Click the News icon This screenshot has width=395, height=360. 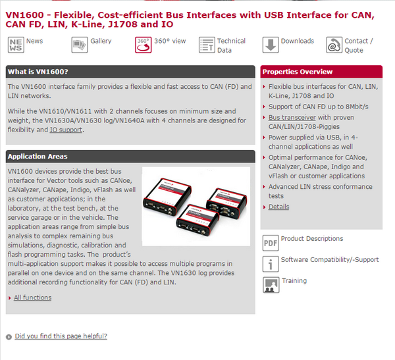click(16, 45)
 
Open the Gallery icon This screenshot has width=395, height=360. click(80, 45)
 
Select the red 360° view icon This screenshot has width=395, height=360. click(143, 45)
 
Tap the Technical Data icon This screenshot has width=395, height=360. click(207, 45)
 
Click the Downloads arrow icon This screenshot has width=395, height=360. click(271, 45)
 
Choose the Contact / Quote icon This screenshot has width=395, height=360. click(334, 45)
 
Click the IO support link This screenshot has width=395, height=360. click(66, 130)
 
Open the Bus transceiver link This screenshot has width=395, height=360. click(292, 117)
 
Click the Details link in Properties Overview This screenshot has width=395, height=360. click(278, 207)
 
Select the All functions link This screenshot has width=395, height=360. click(33, 297)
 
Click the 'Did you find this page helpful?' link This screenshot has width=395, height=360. click(61, 336)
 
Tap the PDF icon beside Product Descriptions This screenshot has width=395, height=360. click(271, 243)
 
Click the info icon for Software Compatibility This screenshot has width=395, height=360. click(271, 264)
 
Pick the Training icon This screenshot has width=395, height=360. click(271, 285)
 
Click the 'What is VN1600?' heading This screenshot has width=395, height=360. click(38, 72)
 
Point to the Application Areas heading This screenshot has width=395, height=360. click(38, 157)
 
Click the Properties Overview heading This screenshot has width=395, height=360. click(298, 72)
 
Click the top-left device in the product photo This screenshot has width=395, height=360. click(167, 197)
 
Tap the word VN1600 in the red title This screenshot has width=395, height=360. click(25, 15)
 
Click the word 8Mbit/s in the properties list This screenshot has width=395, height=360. click(357, 107)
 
